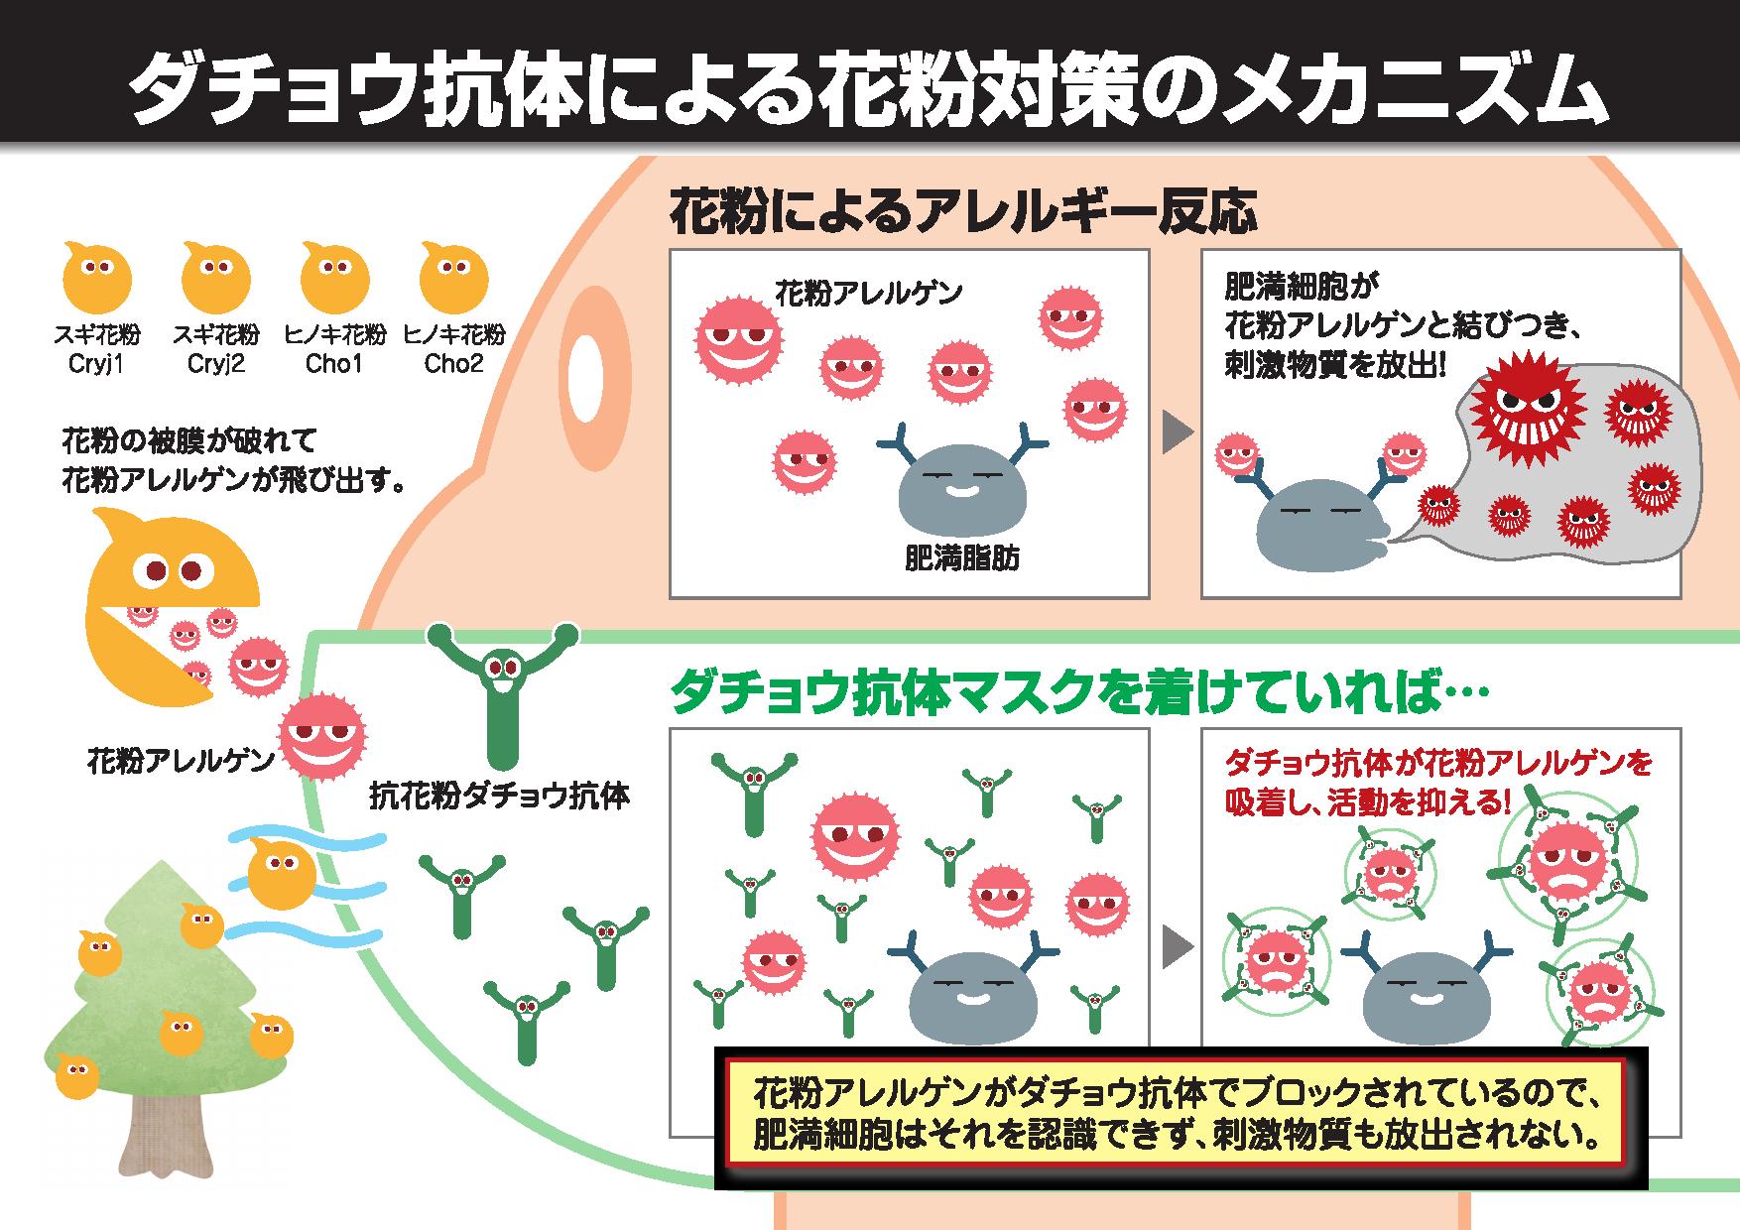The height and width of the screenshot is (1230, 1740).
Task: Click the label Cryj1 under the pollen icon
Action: pyautogui.click(x=95, y=364)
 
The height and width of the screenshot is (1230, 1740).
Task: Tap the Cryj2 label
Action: pyautogui.click(x=215, y=364)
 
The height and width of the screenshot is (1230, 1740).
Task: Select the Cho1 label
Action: pyautogui.click(x=334, y=364)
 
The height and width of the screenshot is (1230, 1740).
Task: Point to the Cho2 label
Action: pyautogui.click(x=453, y=364)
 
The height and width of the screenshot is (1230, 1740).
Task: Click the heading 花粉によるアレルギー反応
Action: pyautogui.click(x=963, y=210)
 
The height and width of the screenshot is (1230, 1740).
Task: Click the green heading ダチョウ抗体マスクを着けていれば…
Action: pyautogui.click(x=1078, y=692)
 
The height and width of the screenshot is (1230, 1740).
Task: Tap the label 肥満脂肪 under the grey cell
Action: pyautogui.click(x=961, y=559)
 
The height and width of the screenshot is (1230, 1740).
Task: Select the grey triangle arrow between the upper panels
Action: pyautogui.click(x=1177, y=431)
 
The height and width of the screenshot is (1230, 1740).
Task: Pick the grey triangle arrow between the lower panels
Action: pyautogui.click(x=1177, y=946)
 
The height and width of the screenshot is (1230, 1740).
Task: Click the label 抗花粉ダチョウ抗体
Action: pyautogui.click(x=499, y=795)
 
